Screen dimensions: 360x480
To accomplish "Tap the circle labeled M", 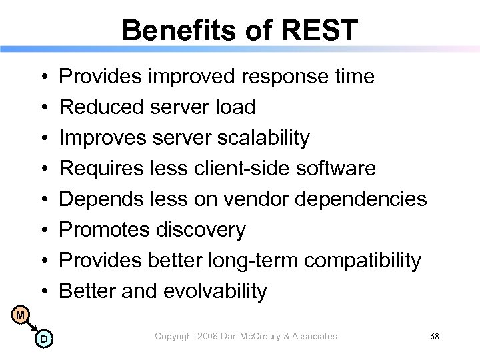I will (x=21, y=313).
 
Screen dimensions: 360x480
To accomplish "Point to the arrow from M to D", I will (x=32, y=326).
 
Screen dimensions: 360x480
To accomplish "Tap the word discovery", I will (x=201, y=230).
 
